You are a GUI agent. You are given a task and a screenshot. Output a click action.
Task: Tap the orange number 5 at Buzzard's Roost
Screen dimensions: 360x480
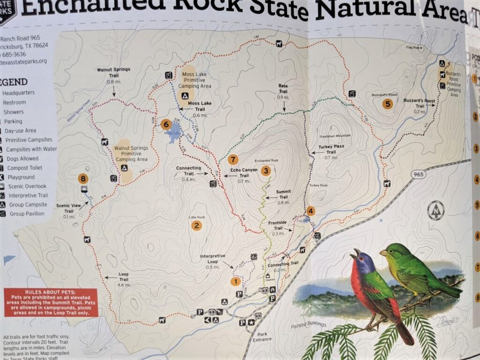pos(387,104)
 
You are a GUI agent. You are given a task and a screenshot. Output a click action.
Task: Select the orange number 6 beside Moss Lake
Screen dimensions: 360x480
pos(165,124)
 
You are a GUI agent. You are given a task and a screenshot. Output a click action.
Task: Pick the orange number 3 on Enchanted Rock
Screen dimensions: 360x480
pos(266,171)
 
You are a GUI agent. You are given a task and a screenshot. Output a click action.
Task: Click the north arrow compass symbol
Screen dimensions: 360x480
pos(437,209)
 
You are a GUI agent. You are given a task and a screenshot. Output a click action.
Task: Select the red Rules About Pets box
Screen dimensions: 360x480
pos(51,302)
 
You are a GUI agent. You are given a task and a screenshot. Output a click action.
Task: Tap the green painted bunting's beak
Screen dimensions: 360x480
pos(382,254)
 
